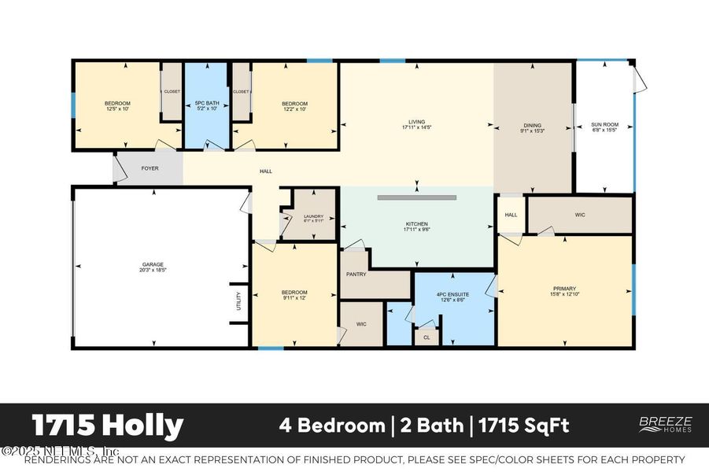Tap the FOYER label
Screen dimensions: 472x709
tap(150, 169)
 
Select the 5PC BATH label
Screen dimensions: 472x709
tap(206, 104)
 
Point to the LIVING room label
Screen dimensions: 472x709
tap(416, 123)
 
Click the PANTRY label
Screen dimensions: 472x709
tap(357, 275)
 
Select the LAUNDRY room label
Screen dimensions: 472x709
tap(313, 217)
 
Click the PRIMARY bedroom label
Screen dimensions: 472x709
tap(564, 289)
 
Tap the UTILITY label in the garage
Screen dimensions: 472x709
tap(238, 301)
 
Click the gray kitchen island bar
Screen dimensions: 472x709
tap(416, 197)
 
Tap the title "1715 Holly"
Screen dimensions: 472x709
tap(108, 426)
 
